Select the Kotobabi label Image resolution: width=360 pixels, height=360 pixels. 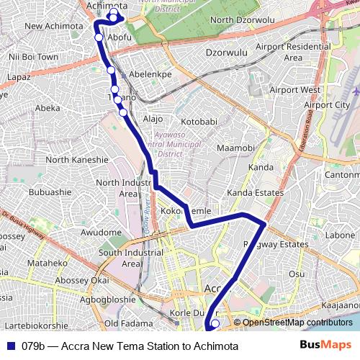pos(198,122)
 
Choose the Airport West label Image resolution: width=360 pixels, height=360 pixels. pos(294,90)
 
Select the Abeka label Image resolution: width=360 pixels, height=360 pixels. pos(48,108)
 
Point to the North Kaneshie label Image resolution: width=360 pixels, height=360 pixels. pos(76,160)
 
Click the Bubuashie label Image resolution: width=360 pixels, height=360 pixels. pos(50,192)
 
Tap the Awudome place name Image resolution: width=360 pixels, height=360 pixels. pos(101,233)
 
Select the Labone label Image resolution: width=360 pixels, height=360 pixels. pos(340,235)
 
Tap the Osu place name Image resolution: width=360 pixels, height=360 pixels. pos(297,274)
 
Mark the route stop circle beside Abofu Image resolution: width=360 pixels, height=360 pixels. pos(99,37)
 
